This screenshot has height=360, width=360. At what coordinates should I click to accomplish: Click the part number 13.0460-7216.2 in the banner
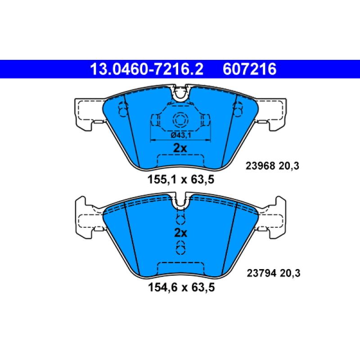tap(147, 70)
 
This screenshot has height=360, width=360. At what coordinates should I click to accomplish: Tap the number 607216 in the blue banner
tap(249, 70)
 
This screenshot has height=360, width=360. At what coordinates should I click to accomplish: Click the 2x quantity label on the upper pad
tap(180, 148)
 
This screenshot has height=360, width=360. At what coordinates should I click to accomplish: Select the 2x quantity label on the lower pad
tap(180, 233)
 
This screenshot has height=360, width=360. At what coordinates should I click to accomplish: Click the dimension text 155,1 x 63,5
tap(180, 180)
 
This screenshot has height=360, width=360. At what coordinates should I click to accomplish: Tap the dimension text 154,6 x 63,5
tap(180, 287)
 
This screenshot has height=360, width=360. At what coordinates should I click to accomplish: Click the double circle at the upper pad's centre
tap(180, 120)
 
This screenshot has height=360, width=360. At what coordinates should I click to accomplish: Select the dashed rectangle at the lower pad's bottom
tap(180, 268)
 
